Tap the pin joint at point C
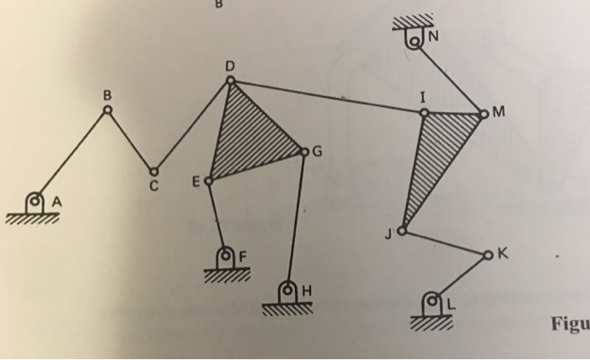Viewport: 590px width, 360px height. pos(153,169)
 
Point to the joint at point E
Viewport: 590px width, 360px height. pos(207,180)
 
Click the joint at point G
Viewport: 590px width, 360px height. pos(305,153)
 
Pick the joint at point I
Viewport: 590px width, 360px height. pos(424,111)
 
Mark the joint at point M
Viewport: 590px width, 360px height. pos(483,111)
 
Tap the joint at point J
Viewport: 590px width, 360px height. pos(403,230)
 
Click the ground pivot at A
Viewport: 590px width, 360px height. pos(35,201)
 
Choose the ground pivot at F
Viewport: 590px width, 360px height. pos(226,254)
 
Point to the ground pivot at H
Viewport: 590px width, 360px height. pos(287,290)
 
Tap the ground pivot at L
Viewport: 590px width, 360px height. pos(433,299)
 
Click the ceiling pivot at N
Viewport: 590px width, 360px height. pos(415,38)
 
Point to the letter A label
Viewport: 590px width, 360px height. pos(58,201)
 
